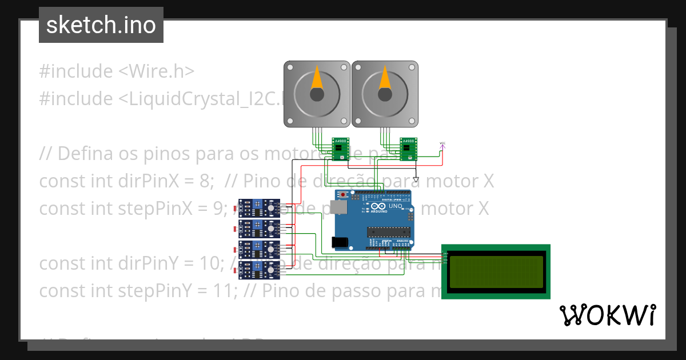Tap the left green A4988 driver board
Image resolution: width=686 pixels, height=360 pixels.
coord(341,149)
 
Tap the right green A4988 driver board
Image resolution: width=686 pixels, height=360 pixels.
coord(408,149)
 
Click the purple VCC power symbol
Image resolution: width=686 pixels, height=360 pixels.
coord(441,146)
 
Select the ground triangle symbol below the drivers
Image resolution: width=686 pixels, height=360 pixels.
coord(416,180)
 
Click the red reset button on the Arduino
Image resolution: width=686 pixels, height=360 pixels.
coord(343,195)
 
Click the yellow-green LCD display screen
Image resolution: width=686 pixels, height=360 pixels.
coord(496,271)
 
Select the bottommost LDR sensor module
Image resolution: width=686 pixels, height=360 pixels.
coord(258,270)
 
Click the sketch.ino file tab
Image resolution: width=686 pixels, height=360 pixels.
coord(101,25)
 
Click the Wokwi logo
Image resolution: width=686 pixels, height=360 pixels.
coord(607,315)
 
